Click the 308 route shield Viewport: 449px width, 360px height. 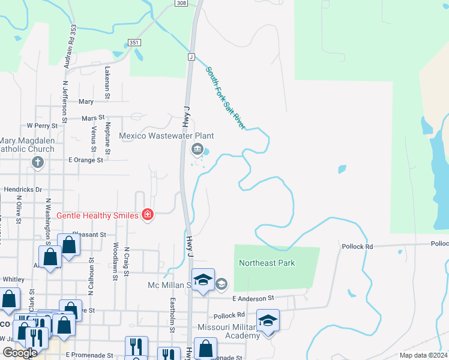tap(181, 3)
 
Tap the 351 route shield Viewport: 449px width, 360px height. tap(133, 42)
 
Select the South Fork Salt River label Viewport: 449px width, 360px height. tap(226, 98)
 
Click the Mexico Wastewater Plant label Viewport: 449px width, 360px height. tap(166, 136)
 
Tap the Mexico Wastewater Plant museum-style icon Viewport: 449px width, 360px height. tap(196, 149)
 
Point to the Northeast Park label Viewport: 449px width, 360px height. tap(267, 263)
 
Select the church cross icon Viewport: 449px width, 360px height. tap(37, 162)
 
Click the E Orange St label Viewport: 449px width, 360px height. tap(86, 160)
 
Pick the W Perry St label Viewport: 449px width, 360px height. tap(42, 126)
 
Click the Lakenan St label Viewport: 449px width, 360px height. tap(108, 82)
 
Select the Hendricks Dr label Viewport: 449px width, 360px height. tap(23, 189)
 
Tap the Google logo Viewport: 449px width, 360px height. tap(20, 353)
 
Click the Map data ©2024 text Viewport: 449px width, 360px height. tap(423, 355)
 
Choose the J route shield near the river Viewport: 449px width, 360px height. tap(191, 56)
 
